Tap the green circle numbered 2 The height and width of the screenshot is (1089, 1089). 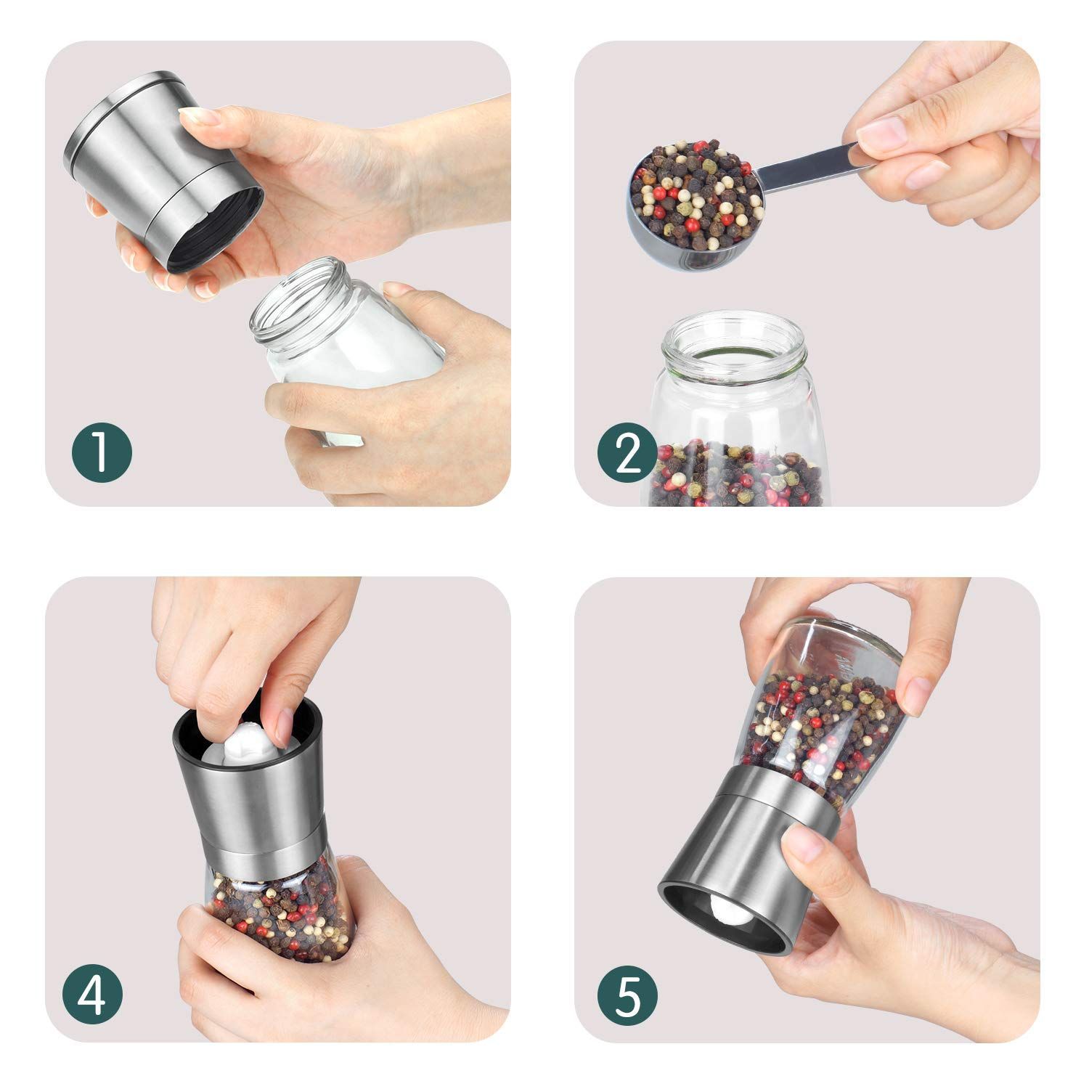click(629, 452)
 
